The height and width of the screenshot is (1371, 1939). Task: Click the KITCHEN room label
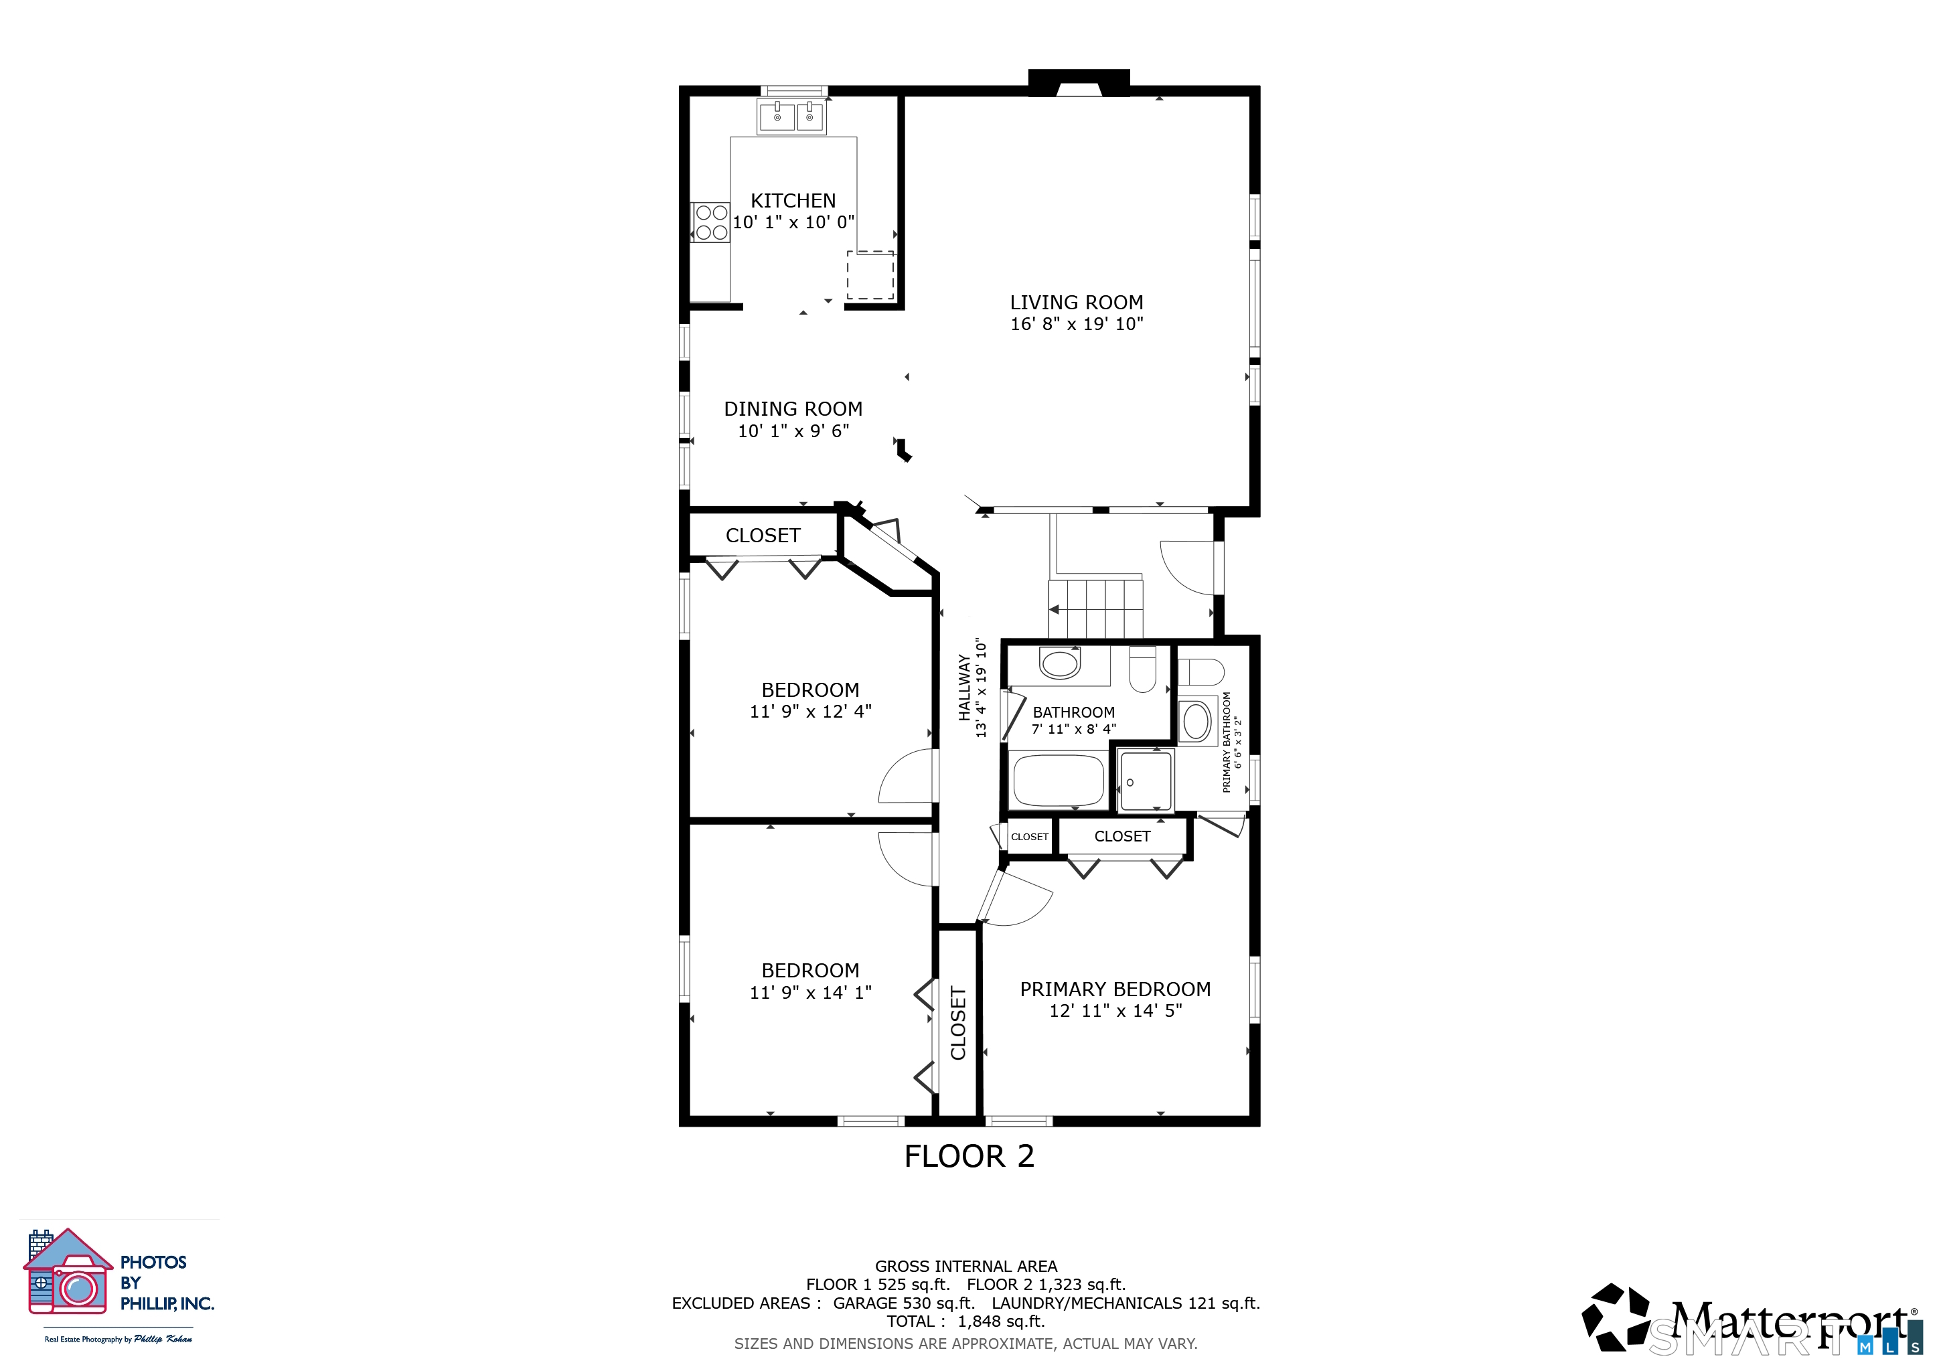coord(793,201)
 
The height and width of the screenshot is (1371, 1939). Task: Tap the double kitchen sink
coord(791,116)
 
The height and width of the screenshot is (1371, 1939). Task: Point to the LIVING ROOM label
coord(1077,302)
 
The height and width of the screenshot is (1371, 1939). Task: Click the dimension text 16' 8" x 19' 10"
coord(1077,324)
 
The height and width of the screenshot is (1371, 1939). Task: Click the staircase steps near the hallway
coord(1096,609)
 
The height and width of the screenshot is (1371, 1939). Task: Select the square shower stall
coord(1145,781)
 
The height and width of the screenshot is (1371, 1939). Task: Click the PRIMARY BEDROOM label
coord(1115,989)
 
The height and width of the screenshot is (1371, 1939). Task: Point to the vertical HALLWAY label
coord(964,688)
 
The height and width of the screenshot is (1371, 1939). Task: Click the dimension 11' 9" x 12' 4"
coord(811,712)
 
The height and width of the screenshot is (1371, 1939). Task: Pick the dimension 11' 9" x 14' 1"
coord(811,993)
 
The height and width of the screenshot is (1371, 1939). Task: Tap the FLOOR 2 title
coord(969,1157)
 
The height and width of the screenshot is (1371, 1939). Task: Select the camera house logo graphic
coord(68,1271)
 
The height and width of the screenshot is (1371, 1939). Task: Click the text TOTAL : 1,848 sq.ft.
coord(966,1321)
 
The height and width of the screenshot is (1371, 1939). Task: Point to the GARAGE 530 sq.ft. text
coord(904,1303)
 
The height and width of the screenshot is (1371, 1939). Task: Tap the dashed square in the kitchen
coord(870,275)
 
